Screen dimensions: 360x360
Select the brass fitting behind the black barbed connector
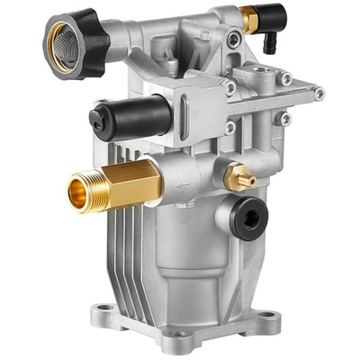click(x=247, y=16)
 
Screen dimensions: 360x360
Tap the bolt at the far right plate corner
click(x=319, y=92)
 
